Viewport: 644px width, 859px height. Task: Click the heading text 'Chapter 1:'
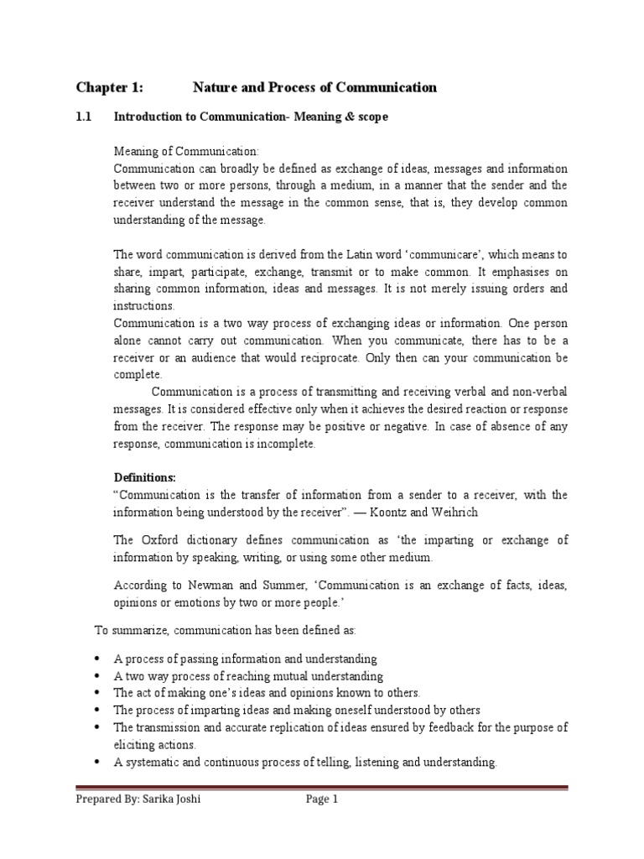pyautogui.click(x=109, y=87)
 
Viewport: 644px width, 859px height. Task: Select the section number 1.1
pyautogui.click(x=83, y=117)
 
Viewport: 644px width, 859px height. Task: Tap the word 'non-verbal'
pyautogui.click(x=541, y=392)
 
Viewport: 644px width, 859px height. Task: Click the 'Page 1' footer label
pyautogui.click(x=322, y=799)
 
